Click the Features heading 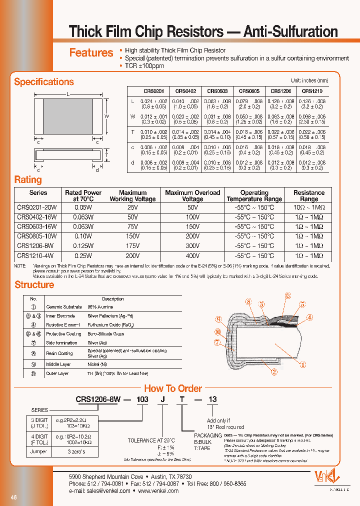point(91,53)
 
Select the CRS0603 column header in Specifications point(217,91)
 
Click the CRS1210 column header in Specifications point(312,91)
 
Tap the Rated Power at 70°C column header point(83,195)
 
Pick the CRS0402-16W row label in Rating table point(36,217)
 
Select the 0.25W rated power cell point(83,255)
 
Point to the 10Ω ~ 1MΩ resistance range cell point(308,207)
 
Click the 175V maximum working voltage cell point(132,245)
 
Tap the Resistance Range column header point(308,195)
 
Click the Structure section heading point(34,285)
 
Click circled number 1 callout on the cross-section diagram point(302,365)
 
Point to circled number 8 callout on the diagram point(248,301)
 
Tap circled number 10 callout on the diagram point(218,331)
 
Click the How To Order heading point(173,388)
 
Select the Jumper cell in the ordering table point(38,451)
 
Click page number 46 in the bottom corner point(14,497)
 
